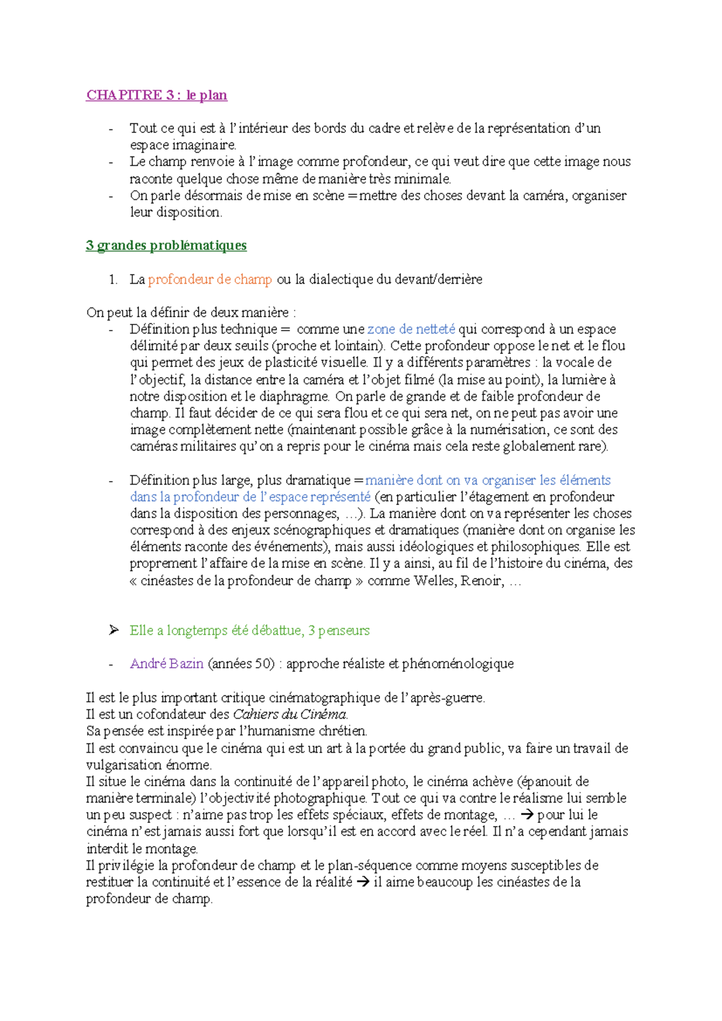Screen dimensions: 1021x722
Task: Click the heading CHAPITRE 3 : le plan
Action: (156, 95)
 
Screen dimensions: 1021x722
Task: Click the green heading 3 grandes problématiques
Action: (166, 246)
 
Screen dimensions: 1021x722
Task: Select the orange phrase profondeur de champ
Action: (210, 279)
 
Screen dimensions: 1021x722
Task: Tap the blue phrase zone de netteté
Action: (411, 329)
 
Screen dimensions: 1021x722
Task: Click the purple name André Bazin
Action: (167, 664)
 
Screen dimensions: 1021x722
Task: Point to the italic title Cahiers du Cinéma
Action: (290, 715)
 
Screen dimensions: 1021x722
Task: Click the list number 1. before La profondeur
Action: (113, 279)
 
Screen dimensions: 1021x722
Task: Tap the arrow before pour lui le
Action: (526, 815)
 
